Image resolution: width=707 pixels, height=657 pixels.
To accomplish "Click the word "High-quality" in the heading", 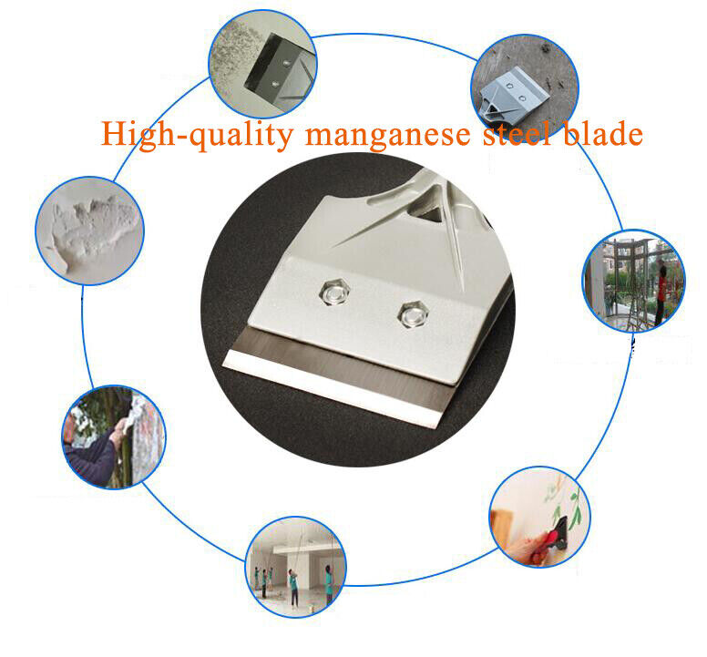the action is tap(197, 134).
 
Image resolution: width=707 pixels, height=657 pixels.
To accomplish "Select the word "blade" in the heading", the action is tap(603, 133).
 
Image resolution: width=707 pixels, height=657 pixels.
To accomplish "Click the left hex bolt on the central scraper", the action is tap(334, 293).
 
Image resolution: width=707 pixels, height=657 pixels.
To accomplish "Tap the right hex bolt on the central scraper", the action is tap(413, 314).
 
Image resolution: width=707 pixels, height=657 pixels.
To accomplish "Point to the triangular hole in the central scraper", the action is tap(425, 214).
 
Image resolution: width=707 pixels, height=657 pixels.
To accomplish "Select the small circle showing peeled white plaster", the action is tap(89, 231).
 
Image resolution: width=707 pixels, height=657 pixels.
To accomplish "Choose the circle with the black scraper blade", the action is tap(263, 64).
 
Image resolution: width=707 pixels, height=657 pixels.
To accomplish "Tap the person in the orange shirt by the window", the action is tap(661, 294).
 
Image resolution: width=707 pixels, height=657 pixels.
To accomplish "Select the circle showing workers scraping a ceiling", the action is tap(296, 568).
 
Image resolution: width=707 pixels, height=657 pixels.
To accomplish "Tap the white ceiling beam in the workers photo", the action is tap(295, 549).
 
